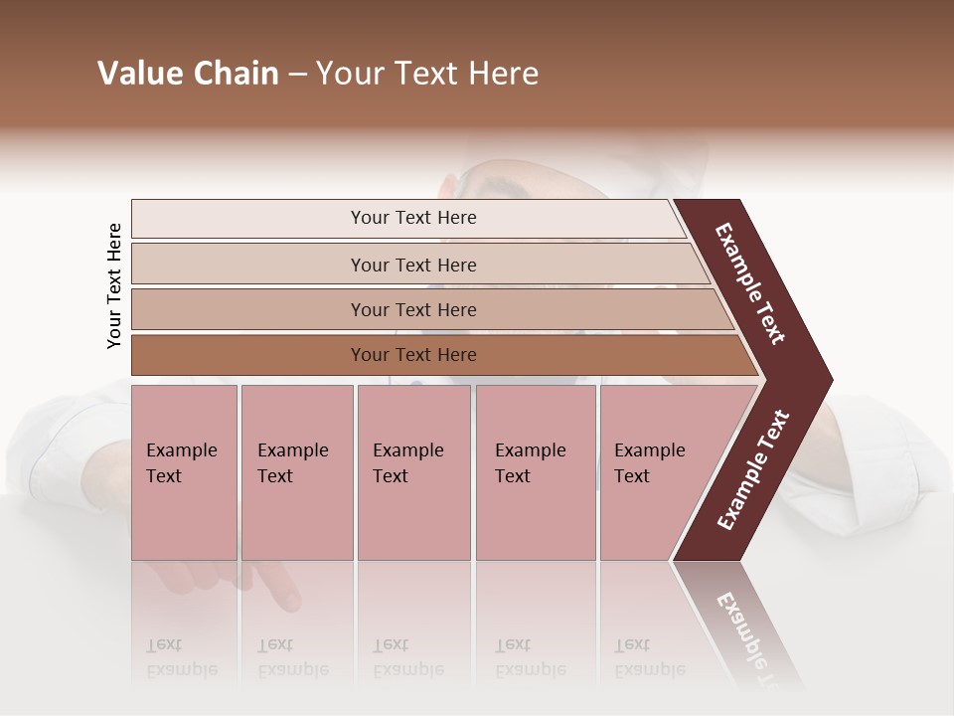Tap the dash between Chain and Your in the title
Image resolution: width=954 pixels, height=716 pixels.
[x=297, y=75]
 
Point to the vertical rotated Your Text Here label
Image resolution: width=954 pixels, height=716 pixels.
[x=114, y=286]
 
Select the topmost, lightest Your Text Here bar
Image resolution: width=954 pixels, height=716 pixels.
[x=412, y=218]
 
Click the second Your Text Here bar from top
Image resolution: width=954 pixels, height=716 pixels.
[x=412, y=265]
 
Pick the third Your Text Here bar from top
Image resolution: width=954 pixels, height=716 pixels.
[x=412, y=309]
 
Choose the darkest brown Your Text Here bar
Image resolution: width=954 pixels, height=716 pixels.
[x=412, y=355]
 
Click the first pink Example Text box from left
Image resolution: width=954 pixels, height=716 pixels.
[x=184, y=472]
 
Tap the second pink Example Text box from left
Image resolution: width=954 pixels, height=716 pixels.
[x=296, y=472]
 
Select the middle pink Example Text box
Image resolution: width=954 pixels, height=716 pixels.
[x=413, y=472]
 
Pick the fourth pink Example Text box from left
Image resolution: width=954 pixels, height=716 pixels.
[x=536, y=472]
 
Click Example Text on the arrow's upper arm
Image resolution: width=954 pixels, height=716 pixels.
[x=750, y=283]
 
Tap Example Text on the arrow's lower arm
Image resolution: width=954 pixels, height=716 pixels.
[x=752, y=470]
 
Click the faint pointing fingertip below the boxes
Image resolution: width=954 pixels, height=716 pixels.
[x=287, y=599]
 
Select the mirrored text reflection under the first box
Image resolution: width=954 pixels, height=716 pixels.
[x=181, y=657]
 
